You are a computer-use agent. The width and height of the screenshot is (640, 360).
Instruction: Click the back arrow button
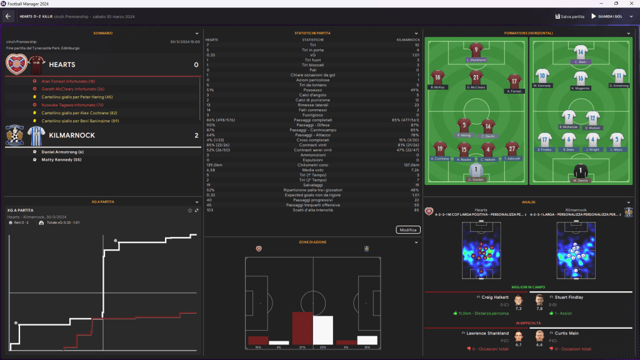click(x=9, y=16)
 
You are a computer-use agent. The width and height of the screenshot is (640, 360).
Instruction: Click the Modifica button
click(x=407, y=230)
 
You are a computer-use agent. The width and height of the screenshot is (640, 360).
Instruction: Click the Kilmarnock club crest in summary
click(x=16, y=135)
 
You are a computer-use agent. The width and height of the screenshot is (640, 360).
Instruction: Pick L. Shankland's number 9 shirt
click(x=476, y=50)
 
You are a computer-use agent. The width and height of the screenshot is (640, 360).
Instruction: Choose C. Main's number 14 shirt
click(x=581, y=52)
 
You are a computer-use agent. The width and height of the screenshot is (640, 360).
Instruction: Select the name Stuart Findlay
click(x=569, y=297)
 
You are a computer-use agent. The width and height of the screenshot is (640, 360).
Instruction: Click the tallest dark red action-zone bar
click(x=302, y=329)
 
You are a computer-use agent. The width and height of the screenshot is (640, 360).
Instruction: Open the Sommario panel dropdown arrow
click(x=197, y=33)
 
